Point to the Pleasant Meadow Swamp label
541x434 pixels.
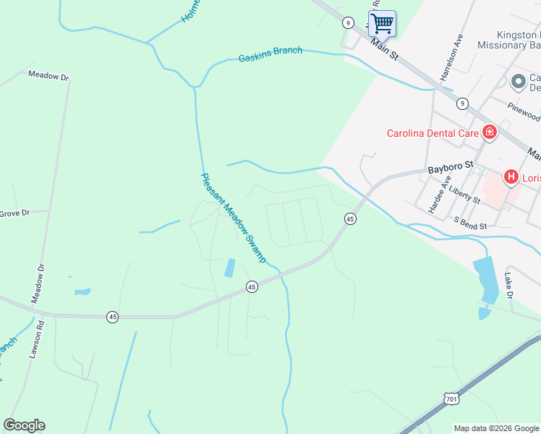234,217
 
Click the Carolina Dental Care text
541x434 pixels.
433,133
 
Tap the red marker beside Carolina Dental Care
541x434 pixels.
490,132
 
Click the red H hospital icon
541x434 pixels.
511,176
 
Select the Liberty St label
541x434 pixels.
464,192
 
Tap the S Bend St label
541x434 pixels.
469,221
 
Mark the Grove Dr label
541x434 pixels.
14,213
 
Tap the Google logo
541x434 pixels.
24,425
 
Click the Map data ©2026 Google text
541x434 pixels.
495,428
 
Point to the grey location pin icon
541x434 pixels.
518,82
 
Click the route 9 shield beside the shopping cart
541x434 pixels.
349,22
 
